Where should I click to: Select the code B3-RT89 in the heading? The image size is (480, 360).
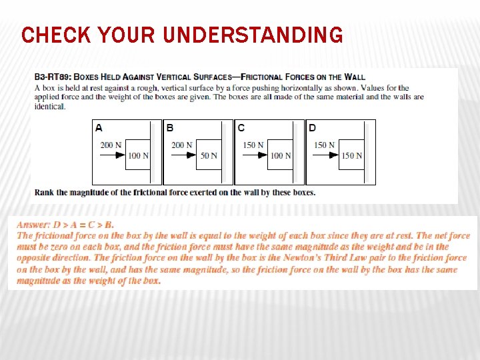[x=53, y=77]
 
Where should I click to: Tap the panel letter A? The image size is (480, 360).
[x=99, y=127]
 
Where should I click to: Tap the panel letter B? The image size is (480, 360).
[x=170, y=127]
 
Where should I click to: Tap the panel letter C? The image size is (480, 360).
[x=241, y=127]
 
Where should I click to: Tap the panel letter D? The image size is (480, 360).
[x=313, y=127]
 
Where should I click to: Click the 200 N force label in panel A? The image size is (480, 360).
[x=110, y=145]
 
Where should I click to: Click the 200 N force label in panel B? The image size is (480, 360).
[x=181, y=145]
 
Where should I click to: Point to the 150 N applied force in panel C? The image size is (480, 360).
[x=253, y=145]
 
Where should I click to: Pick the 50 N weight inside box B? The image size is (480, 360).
[x=209, y=155]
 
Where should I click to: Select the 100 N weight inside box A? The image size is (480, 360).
[x=138, y=155]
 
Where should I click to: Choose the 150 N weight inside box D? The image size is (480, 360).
[x=351, y=155]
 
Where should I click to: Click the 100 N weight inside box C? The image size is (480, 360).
[x=281, y=155]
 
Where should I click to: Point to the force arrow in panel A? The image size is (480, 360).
[x=112, y=155]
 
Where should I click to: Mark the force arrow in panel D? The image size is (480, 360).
[x=326, y=155]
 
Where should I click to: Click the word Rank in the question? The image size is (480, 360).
[x=44, y=193]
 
